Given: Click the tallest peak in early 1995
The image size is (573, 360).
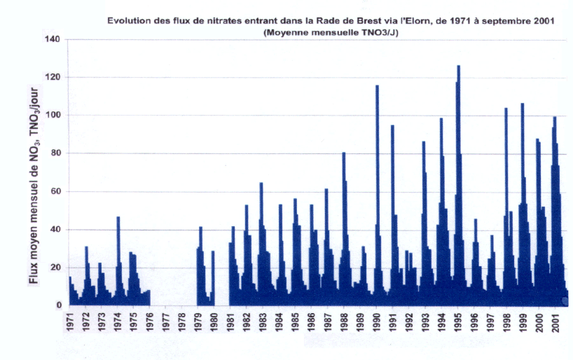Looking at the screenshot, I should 458,67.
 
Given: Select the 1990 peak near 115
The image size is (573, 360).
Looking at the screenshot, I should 377,87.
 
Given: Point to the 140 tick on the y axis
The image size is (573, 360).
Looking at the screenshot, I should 53,39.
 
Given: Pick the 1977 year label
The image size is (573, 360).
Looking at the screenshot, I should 165,321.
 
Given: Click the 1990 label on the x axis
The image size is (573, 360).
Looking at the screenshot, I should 377,321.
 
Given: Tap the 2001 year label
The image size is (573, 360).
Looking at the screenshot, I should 555,321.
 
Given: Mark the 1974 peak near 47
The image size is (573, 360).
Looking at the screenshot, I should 118,219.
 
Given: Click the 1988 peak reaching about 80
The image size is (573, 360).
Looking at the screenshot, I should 344,154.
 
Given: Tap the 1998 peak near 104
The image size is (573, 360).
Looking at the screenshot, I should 506,110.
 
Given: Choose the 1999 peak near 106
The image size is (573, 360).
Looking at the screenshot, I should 522,105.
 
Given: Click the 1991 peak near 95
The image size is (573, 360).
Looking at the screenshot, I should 392,127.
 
